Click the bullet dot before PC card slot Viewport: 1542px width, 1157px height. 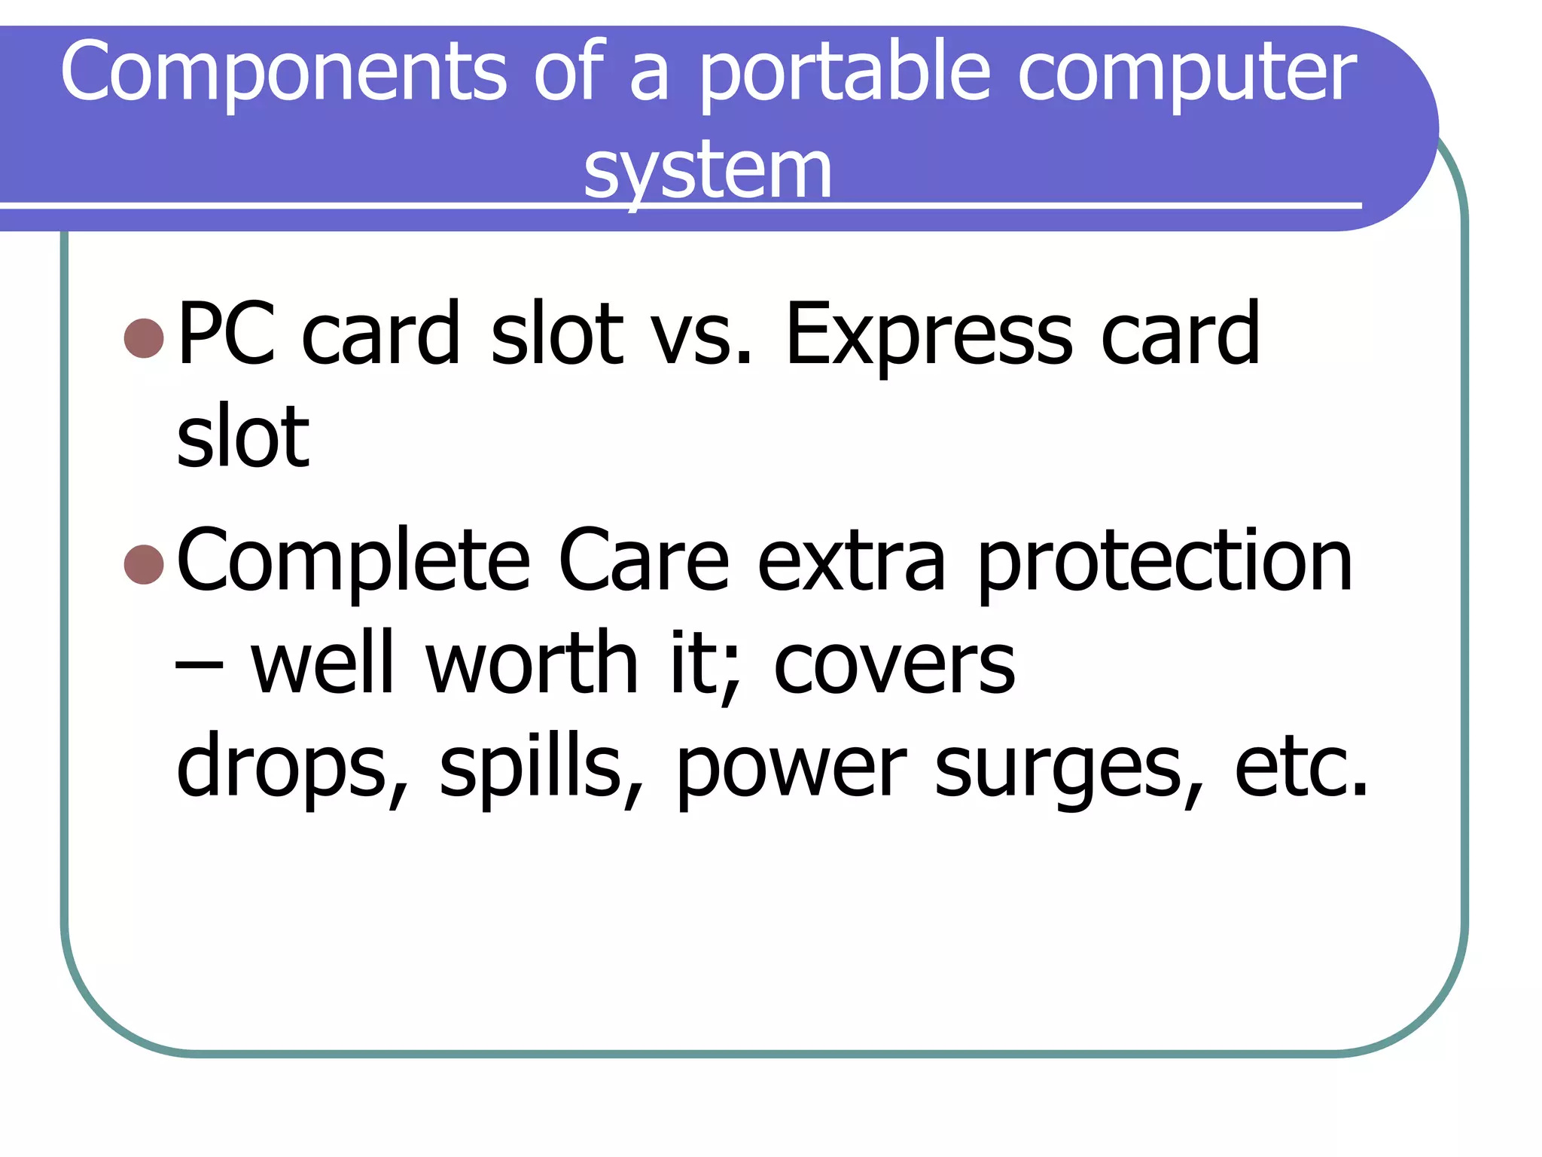(x=144, y=337)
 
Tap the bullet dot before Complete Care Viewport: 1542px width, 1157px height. (x=144, y=564)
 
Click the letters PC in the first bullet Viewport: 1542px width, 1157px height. (x=227, y=333)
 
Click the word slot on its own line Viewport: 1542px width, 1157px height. (x=242, y=436)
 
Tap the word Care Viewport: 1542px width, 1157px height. (x=644, y=560)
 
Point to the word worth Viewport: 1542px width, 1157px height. (x=532, y=663)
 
